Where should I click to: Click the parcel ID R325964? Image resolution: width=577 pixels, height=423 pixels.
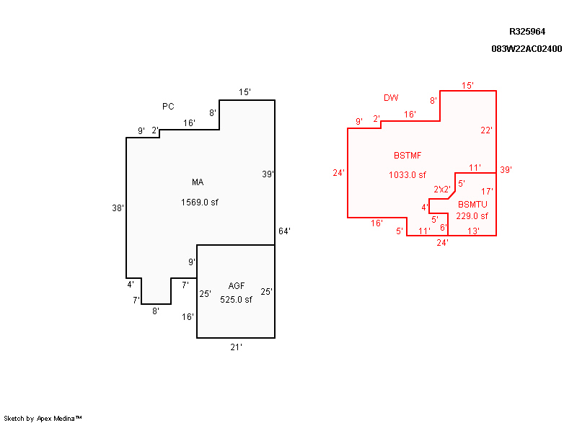(527, 32)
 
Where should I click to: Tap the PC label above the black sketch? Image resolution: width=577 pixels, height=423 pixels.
(168, 107)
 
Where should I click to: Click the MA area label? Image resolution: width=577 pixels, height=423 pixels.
(198, 182)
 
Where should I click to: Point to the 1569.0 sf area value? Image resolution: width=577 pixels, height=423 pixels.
(199, 202)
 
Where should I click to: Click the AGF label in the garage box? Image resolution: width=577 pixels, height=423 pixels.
(237, 287)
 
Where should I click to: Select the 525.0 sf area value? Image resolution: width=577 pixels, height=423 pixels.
(236, 300)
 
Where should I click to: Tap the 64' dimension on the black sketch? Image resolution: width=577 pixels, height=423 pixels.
(284, 231)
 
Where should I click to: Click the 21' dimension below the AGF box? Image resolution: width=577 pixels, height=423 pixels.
(236, 347)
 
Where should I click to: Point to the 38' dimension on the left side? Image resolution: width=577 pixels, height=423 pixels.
(118, 208)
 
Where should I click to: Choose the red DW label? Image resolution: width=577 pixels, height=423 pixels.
(391, 98)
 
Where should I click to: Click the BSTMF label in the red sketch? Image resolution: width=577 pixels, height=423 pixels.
(408, 156)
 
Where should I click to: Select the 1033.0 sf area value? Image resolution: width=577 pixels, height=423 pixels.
(408, 175)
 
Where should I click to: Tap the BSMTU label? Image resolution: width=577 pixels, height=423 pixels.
(472, 205)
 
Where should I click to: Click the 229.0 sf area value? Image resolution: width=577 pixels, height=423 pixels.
(472, 216)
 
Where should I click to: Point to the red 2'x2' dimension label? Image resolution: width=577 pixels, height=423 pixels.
(442, 190)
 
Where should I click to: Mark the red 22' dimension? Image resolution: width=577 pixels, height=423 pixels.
(487, 130)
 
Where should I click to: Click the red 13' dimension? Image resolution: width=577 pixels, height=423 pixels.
(473, 231)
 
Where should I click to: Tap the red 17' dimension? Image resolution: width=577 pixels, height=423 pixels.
(487, 192)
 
